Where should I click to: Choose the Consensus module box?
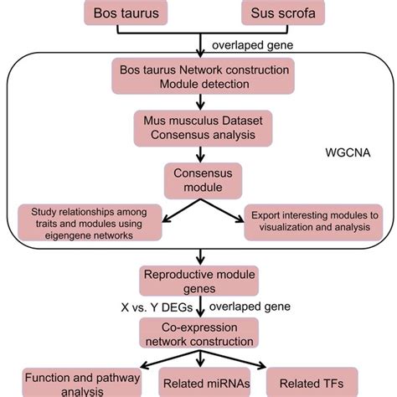click(x=198, y=176)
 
